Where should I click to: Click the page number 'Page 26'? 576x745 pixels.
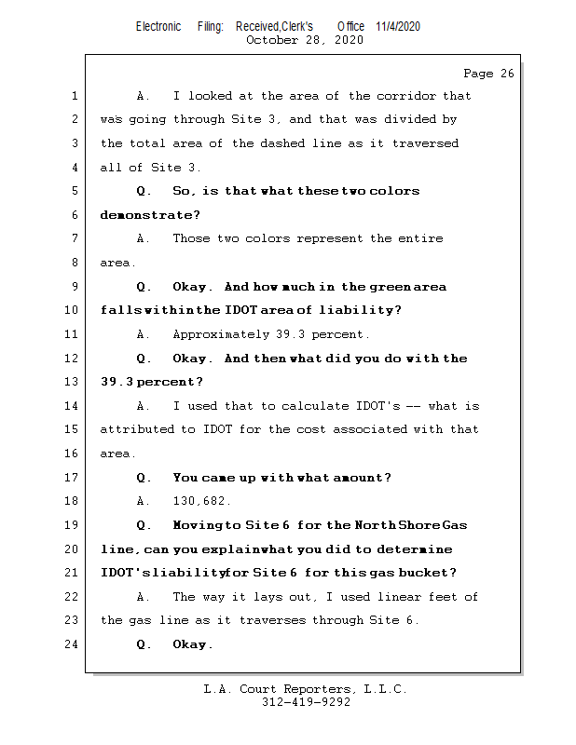click(x=488, y=74)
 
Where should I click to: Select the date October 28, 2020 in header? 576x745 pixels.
click(x=305, y=40)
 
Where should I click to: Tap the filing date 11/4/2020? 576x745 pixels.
click(x=398, y=26)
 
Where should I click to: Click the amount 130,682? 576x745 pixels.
click(x=202, y=501)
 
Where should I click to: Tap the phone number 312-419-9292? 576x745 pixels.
click(x=306, y=703)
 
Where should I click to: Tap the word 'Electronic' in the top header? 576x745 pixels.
click(x=158, y=26)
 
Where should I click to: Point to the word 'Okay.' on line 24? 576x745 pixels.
click(x=193, y=644)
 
